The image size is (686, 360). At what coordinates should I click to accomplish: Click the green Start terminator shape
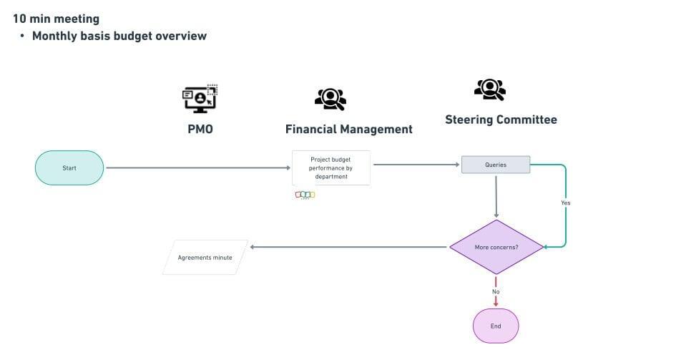(69, 168)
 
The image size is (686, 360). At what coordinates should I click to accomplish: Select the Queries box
(495, 165)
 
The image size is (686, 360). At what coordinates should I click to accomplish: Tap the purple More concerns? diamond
(496, 247)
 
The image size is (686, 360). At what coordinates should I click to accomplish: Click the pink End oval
(495, 326)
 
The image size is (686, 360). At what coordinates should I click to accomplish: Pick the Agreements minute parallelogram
(205, 257)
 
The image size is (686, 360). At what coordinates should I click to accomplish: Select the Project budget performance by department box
(331, 168)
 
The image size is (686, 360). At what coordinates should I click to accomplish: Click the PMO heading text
(200, 130)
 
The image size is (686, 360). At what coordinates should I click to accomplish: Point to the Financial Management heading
(348, 130)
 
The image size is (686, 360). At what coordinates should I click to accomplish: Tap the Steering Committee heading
(501, 120)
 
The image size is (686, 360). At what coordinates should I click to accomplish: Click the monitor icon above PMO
(200, 99)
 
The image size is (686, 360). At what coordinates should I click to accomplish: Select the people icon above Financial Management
(330, 99)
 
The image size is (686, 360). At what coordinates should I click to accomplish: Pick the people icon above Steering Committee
(490, 89)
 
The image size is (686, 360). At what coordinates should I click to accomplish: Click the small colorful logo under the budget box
(305, 195)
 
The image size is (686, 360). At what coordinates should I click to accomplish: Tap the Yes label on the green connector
(565, 203)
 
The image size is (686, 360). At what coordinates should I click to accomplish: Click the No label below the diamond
(496, 291)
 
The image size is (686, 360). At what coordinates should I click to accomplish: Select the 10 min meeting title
(56, 19)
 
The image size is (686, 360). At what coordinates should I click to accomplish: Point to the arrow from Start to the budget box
(198, 168)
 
